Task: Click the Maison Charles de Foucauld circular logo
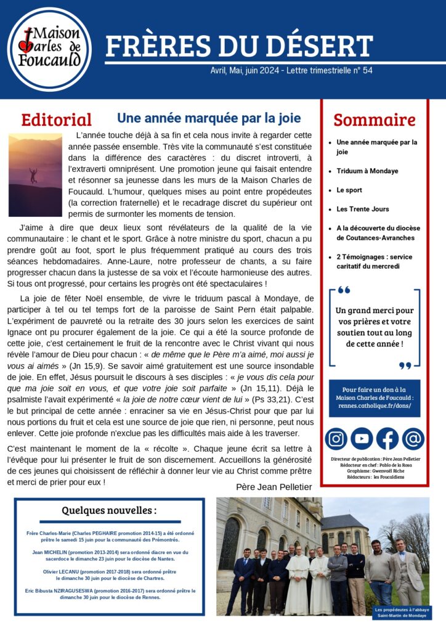[49, 49]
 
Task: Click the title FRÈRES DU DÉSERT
[239, 46]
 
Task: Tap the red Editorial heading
[56, 120]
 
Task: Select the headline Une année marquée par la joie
[209, 117]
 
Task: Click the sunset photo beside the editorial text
[35, 175]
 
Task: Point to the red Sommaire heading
[375, 120]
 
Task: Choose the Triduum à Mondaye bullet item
[367, 171]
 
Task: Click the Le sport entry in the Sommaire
[349, 190]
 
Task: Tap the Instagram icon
[336, 439]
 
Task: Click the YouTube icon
[362, 439]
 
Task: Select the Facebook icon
[387, 439]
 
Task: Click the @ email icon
[413, 439]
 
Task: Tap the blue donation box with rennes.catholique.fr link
[374, 398]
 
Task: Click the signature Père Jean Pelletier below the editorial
[274, 487]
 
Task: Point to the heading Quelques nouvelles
[109, 510]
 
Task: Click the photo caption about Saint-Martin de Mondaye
[402, 613]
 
